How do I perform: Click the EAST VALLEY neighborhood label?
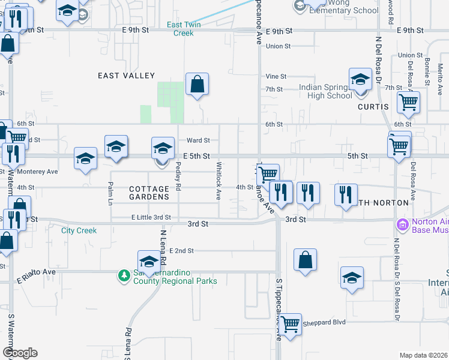click(x=127, y=76)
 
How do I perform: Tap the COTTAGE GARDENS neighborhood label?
click(x=149, y=192)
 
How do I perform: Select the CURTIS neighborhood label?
click(x=373, y=107)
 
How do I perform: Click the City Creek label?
click(x=79, y=230)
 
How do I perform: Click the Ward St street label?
click(x=198, y=140)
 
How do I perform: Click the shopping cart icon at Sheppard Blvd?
click(x=291, y=324)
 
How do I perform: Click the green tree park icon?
click(x=124, y=275)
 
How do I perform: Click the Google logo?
click(x=20, y=353)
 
